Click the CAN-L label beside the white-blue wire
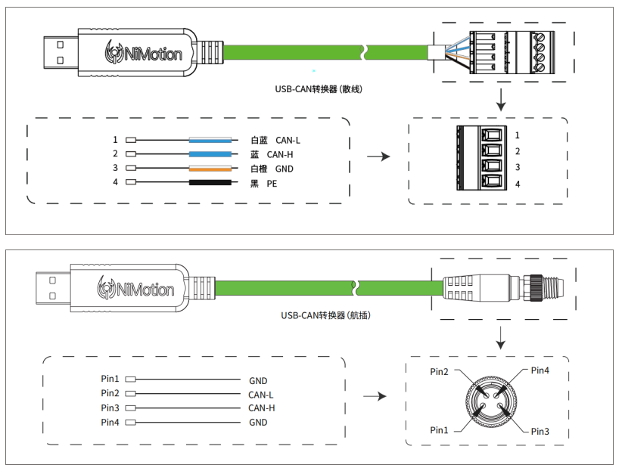click(288, 141)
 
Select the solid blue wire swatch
click(210, 154)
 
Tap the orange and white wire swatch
click(210, 168)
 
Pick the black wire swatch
click(210, 182)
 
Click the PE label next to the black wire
click(272, 184)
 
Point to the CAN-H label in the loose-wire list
click(280, 155)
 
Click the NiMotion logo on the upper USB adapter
click(143, 52)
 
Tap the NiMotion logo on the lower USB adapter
click(135, 288)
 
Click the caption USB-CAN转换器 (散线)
click(319, 89)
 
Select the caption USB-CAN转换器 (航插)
click(325, 315)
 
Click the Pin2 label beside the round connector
click(439, 372)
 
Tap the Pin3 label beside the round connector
click(540, 432)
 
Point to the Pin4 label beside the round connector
click(540, 370)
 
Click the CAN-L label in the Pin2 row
click(260, 395)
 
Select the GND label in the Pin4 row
click(258, 423)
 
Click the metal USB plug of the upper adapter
click(61, 52)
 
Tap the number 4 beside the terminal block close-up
click(518, 184)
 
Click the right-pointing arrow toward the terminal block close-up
click(378, 156)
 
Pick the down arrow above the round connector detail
click(501, 338)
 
